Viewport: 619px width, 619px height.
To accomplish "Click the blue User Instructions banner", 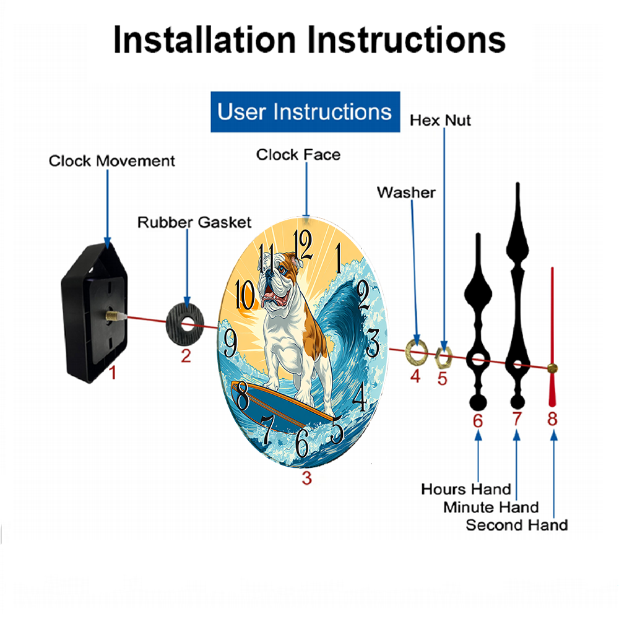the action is click(305, 111).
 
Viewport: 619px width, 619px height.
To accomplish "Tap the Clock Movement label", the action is click(111, 161).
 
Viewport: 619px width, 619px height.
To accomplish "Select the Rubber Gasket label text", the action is click(194, 222).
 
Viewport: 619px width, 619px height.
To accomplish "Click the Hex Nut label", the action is click(440, 121).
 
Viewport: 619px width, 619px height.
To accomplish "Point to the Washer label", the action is click(406, 193).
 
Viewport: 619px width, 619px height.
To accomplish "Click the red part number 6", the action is click(478, 421).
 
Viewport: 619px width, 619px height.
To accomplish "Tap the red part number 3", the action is click(307, 478).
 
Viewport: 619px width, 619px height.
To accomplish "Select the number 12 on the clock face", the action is click(303, 245).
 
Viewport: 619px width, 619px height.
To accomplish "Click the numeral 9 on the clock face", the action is click(230, 343).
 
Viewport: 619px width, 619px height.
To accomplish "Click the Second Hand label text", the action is click(517, 525).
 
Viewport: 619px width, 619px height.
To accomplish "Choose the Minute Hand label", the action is click(491, 508).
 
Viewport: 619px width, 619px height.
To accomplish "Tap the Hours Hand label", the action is click(466, 490).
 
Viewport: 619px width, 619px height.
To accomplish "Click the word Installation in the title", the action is click(204, 40).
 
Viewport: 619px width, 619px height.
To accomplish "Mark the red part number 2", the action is click(186, 356).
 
